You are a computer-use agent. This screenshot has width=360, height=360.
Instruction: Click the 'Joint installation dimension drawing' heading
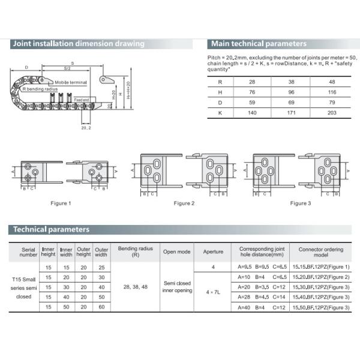pyautogui.click(x=79, y=44)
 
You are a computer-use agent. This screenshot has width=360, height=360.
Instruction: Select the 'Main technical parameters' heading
pyautogui.click(x=259, y=44)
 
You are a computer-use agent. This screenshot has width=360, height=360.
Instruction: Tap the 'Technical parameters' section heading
pyautogui.click(x=52, y=229)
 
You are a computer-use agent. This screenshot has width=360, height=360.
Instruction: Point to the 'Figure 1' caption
pyautogui.click(x=61, y=203)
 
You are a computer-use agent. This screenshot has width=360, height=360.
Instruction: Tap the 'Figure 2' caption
pyautogui.click(x=184, y=203)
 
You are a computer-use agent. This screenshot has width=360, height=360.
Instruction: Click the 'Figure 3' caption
pyautogui.click(x=301, y=203)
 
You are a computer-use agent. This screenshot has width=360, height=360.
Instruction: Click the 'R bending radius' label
pyautogui.click(x=40, y=89)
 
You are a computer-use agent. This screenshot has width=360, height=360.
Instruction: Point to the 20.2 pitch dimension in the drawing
pyautogui.click(x=86, y=127)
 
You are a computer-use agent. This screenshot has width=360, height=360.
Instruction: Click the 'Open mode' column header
pyautogui.click(x=176, y=252)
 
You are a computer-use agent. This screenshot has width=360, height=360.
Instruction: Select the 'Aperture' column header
pyautogui.click(x=213, y=252)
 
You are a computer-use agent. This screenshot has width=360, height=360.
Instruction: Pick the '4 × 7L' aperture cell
pyautogui.click(x=213, y=292)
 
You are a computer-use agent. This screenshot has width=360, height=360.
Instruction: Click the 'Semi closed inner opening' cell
pyautogui.click(x=176, y=287)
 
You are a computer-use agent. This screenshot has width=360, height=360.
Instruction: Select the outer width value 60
pyautogui.click(x=101, y=308)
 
